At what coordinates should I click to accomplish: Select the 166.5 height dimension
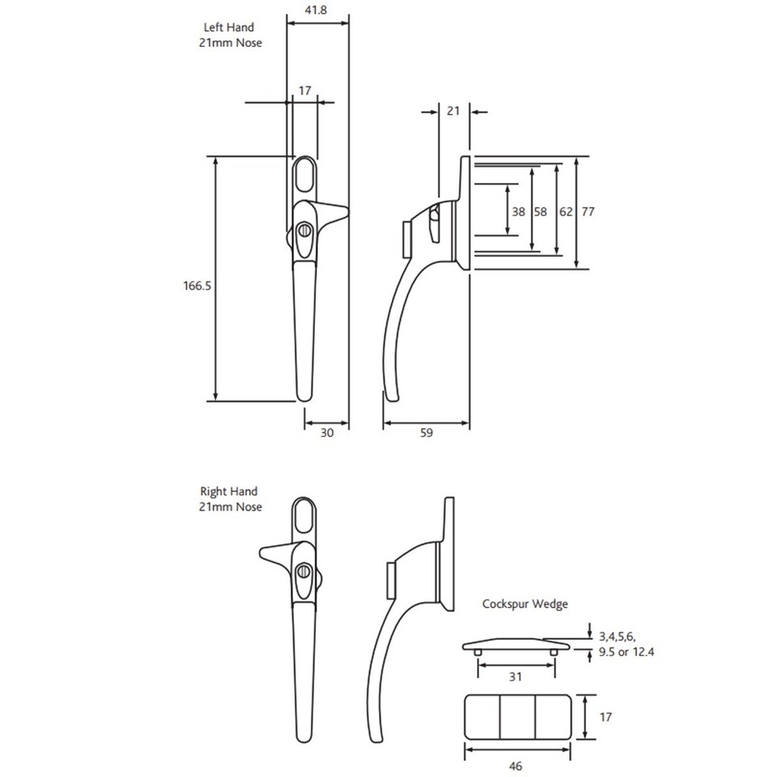(197, 285)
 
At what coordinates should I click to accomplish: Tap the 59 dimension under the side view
(427, 433)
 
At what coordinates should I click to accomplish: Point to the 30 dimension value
(327, 433)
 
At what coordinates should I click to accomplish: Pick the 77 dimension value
(588, 211)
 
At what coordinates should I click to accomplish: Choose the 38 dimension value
(519, 211)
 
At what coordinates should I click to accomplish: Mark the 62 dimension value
(565, 211)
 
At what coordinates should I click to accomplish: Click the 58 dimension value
(541, 211)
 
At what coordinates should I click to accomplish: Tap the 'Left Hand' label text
(228, 28)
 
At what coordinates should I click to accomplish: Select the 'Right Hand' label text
(228, 491)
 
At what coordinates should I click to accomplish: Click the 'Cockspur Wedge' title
(525, 604)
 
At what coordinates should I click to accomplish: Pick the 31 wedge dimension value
(515, 676)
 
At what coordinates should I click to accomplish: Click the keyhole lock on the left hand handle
(305, 231)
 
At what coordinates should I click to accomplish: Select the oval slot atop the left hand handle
(304, 172)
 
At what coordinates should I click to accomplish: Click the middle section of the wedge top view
(518, 715)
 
